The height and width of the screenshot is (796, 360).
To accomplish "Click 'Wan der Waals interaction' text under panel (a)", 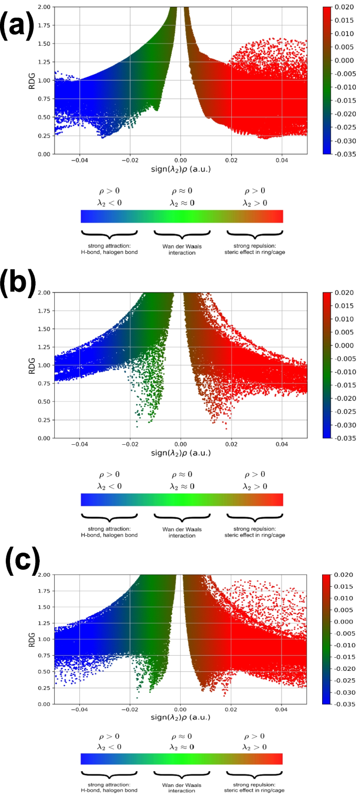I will [x=181, y=249].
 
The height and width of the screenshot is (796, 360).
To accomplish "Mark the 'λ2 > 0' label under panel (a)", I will [x=254, y=202].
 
